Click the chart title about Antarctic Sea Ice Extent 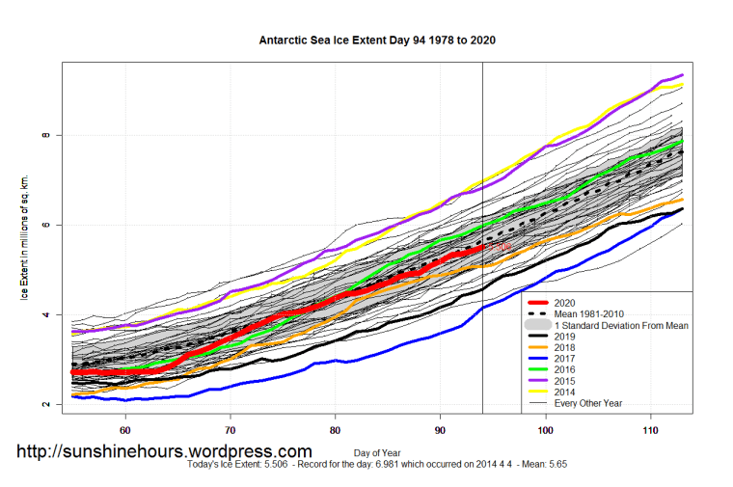tap(377, 41)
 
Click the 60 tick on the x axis tap(125, 429)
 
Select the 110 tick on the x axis tap(650, 429)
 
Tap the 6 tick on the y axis tap(45, 225)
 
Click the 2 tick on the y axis tap(45, 404)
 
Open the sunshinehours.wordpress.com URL tap(164, 451)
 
